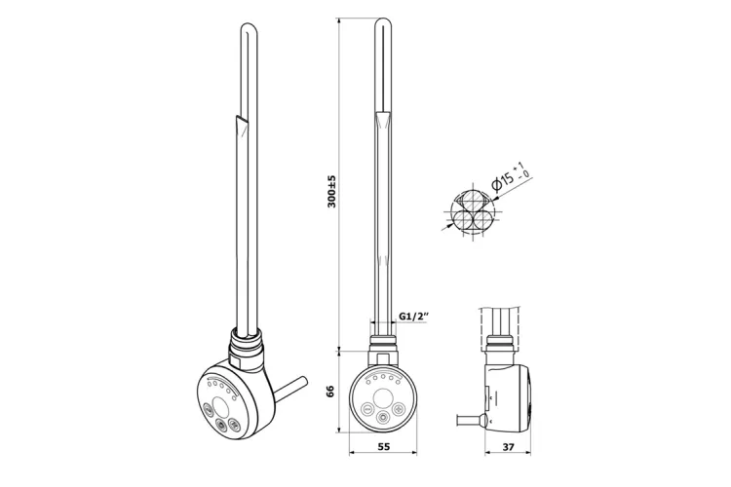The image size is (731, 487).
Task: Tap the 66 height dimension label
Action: (331, 392)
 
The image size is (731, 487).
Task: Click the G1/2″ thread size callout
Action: (414, 316)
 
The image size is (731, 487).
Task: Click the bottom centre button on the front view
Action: (383, 418)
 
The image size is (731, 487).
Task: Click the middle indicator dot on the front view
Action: (383, 378)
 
